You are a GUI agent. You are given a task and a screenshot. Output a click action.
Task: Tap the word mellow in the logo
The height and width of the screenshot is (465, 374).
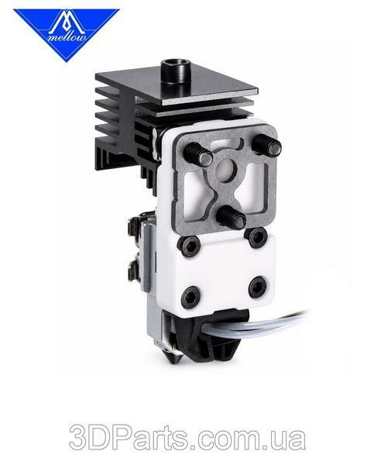pos(67,38)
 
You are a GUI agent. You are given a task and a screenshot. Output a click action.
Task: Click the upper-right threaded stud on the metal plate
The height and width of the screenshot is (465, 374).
pos(266,145)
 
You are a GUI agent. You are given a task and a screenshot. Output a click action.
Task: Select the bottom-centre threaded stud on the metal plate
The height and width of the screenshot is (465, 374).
pos(231,216)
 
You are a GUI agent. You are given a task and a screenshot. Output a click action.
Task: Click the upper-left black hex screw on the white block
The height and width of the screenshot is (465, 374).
pos(189,245)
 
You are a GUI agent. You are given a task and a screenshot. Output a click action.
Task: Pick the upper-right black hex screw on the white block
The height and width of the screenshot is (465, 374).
pos(256,236)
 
